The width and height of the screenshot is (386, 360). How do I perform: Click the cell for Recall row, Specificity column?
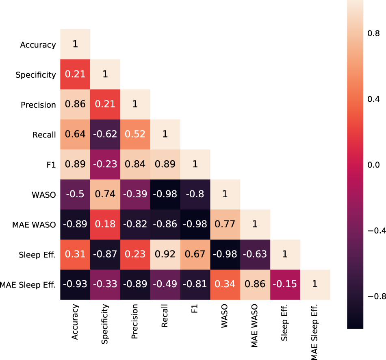pyautogui.click(x=105, y=134)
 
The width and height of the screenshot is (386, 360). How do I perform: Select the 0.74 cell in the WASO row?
pyautogui.click(x=105, y=194)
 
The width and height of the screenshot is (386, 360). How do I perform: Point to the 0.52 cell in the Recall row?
pyautogui.click(x=135, y=134)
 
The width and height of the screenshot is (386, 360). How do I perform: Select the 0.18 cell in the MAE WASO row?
pyautogui.click(x=105, y=225)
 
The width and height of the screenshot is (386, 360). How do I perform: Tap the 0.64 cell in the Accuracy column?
pyautogui.click(x=75, y=134)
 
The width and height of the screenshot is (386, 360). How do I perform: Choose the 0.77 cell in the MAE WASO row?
pyautogui.click(x=225, y=225)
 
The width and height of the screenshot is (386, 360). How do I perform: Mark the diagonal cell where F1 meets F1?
pyautogui.click(x=195, y=164)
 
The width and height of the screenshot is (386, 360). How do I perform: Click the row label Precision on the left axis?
pyautogui.click(x=38, y=105)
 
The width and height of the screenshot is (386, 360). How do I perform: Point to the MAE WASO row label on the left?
pyautogui.click(x=35, y=225)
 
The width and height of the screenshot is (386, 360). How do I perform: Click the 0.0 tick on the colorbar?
pyautogui.click(x=373, y=165)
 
